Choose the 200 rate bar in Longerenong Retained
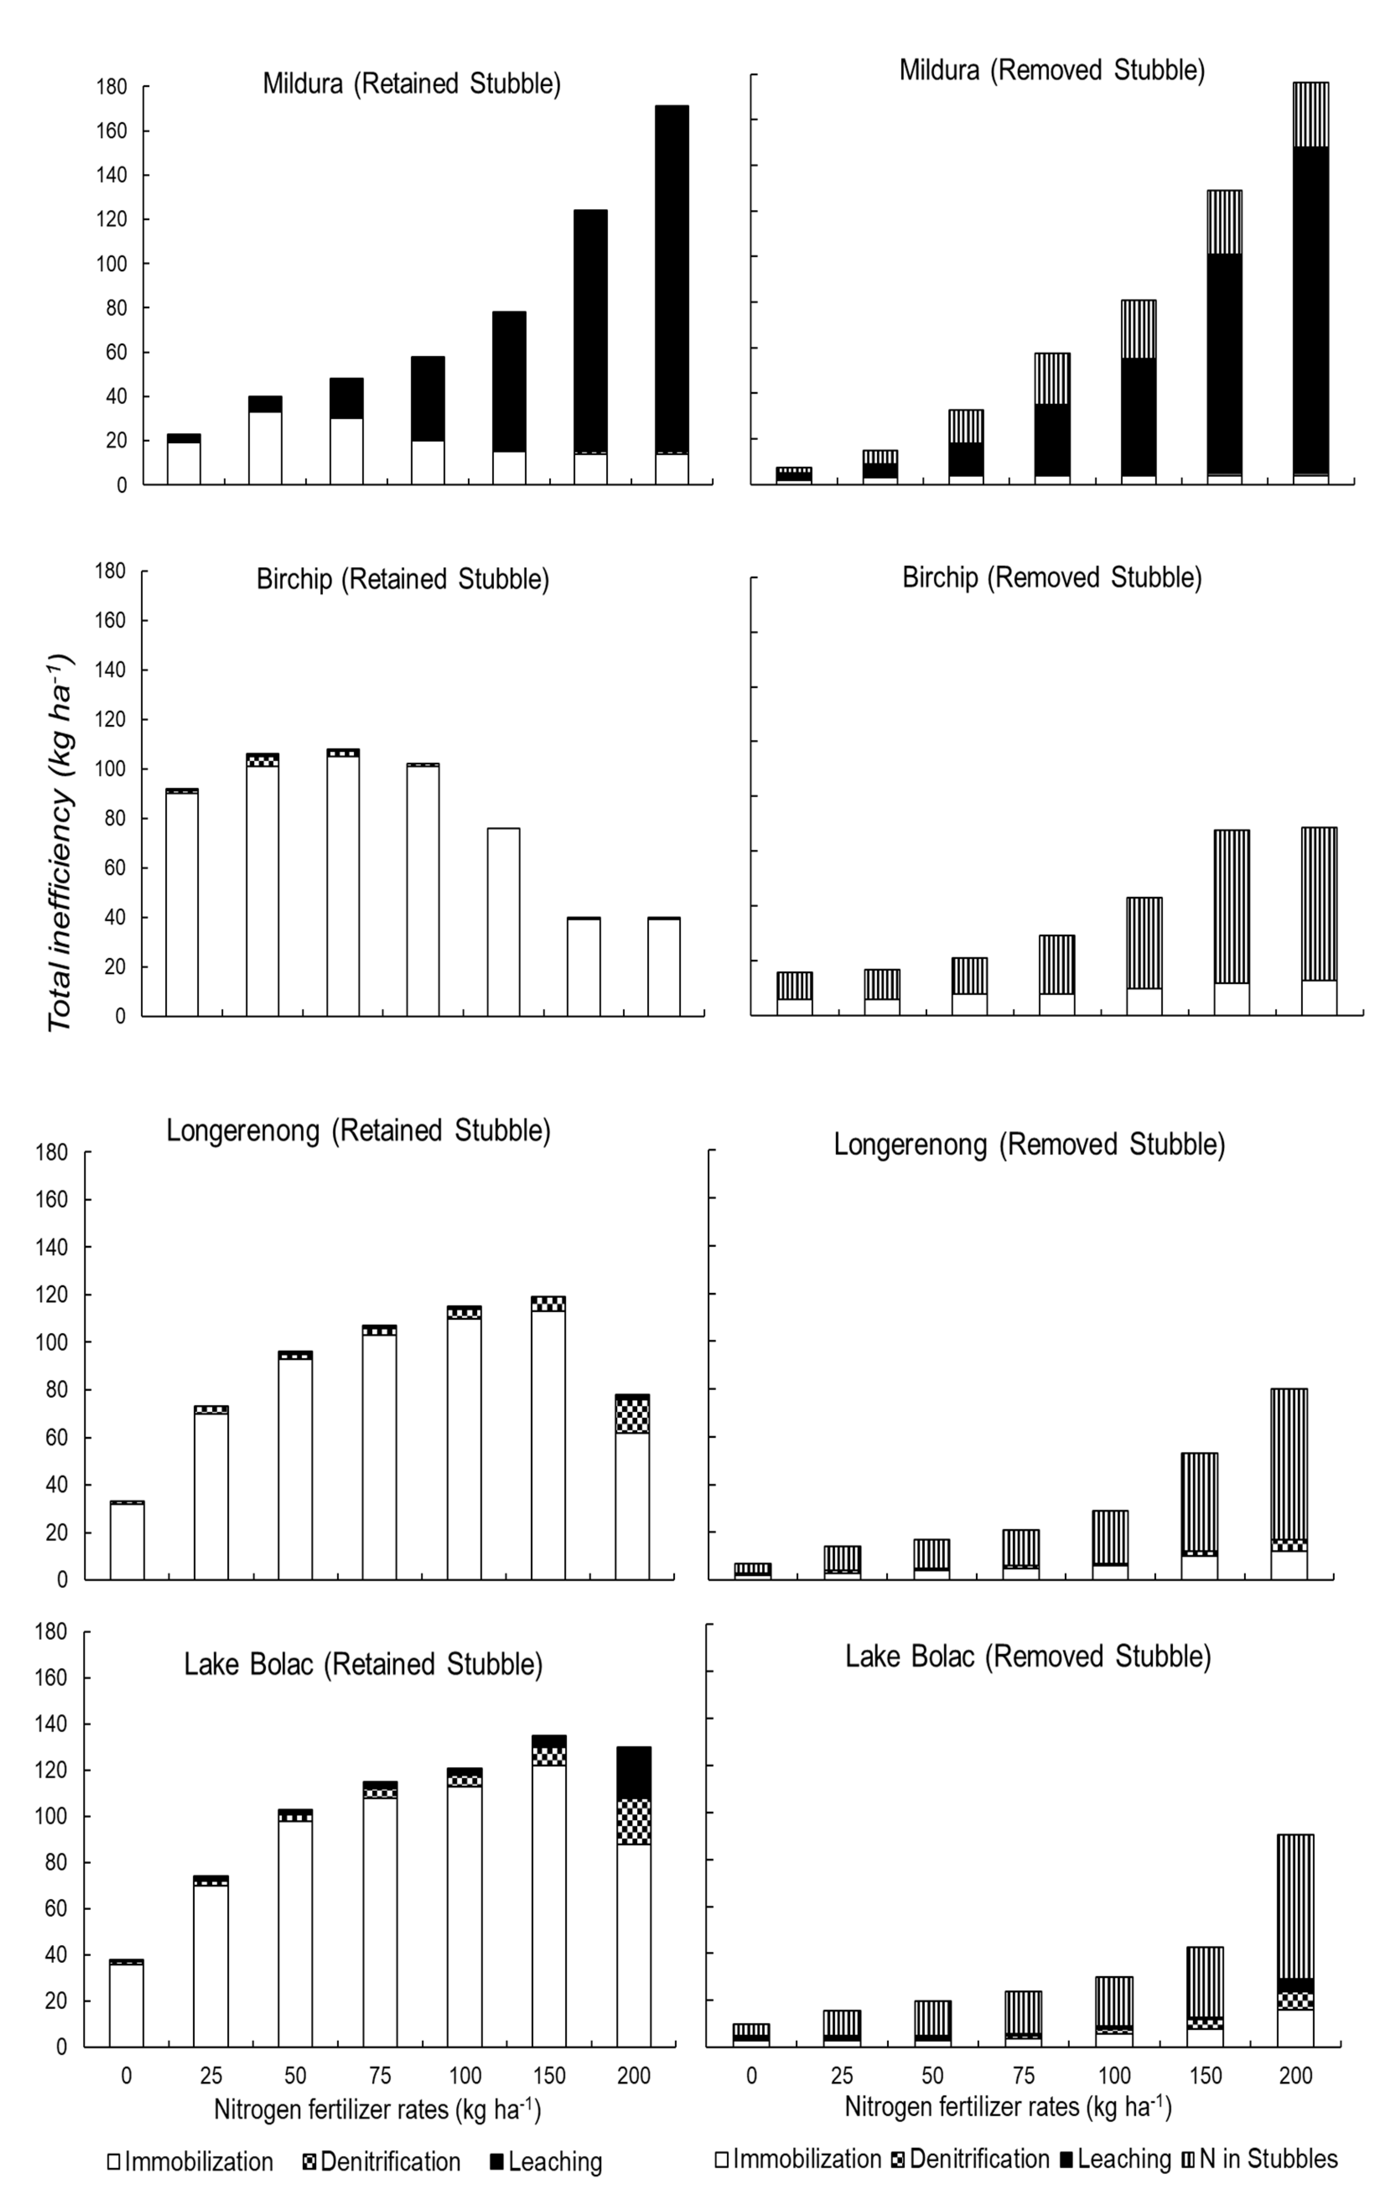click(x=632, y=1487)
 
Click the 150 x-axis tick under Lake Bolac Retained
click(x=549, y=2076)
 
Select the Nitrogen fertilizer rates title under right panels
click(x=1008, y=2107)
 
